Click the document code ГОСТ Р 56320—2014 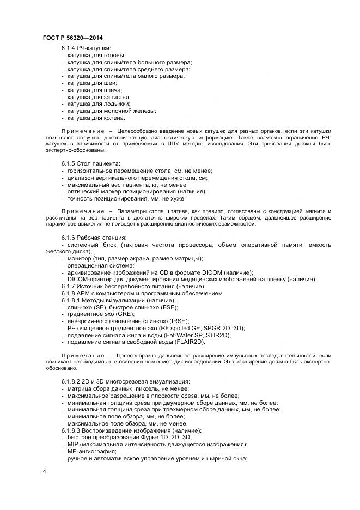pyautogui.click(x=72, y=37)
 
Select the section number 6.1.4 pyautogui.click(x=69, y=48)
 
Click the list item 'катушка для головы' pyautogui.click(x=96, y=55)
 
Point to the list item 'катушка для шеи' pyautogui.click(x=92, y=83)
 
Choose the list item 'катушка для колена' pyautogui.click(x=96, y=117)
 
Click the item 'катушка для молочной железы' pyautogui.click(x=112, y=111)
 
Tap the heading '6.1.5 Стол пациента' pyautogui.click(x=91, y=164)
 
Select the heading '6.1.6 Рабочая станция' pyautogui.click(x=94, y=238)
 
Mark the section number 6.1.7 pyautogui.click(x=69, y=286)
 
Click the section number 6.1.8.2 pyautogui.click(x=72, y=381)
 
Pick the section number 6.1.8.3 pyautogui.click(x=72, y=430)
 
